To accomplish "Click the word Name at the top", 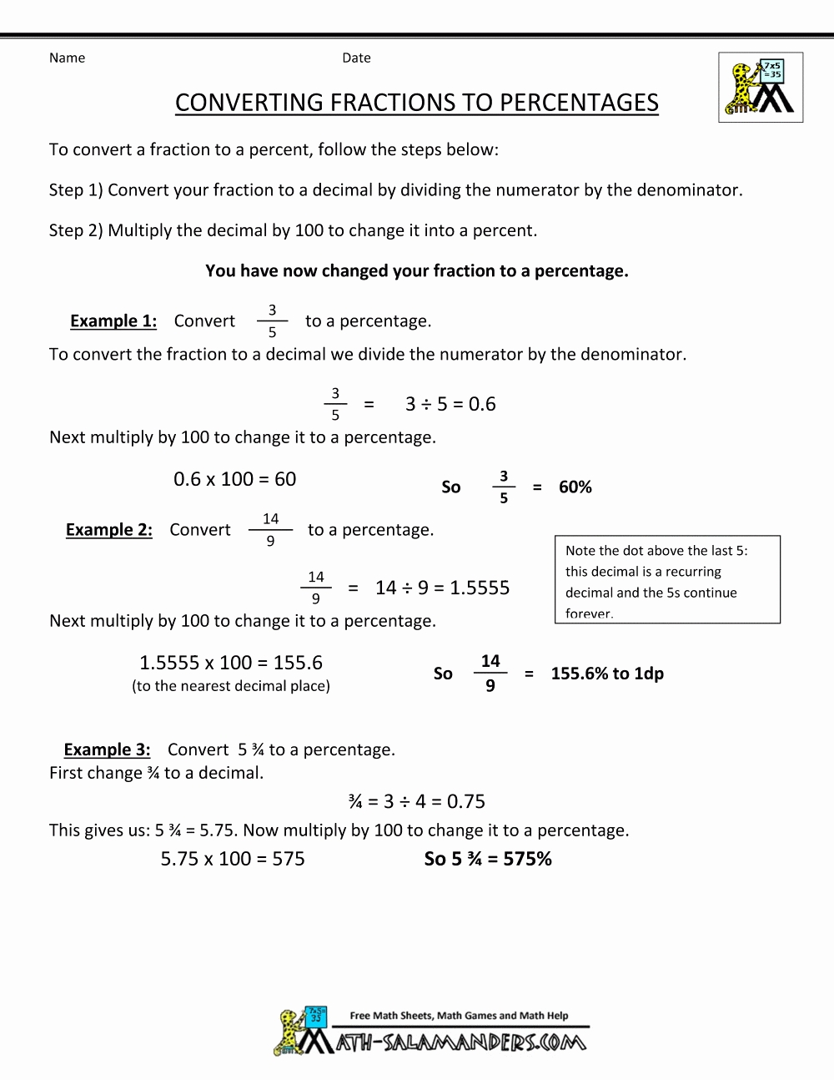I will tap(67, 58).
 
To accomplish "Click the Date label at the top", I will tap(356, 58).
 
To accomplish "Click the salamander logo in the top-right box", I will tap(761, 88).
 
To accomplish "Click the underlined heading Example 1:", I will tap(113, 321).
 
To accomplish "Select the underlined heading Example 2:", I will tap(109, 530).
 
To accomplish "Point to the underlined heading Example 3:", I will tap(107, 749).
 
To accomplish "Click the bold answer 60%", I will tap(575, 487).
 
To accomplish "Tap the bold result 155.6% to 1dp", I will tap(607, 674).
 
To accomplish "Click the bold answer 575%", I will tap(527, 859).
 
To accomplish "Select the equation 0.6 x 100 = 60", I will tap(234, 479).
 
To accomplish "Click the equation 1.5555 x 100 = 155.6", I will tap(230, 663).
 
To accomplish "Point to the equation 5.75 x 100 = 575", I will tap(233, 859).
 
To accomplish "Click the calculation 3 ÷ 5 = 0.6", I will tap(450, 405).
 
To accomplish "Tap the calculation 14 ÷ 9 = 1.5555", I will tap(442, 588).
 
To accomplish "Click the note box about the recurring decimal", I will tap(667, 580).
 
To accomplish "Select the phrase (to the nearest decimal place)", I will tap(231, 686).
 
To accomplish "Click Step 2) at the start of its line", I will tap(76, 230).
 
